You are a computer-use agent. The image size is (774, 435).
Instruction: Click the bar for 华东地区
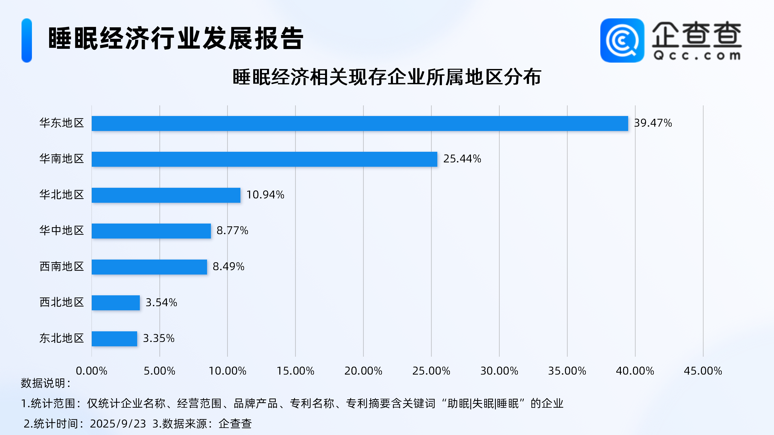(x=360, y=123)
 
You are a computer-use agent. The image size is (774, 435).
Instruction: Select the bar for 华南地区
(x=264, y=159)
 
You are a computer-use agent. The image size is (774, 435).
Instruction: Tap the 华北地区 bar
(x=166, y=195)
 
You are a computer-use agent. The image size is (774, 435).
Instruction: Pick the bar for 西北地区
(x=116, y=303)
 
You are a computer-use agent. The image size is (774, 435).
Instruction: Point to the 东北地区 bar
(x=114, y=339)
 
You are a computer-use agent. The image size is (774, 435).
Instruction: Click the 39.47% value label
(x=653, y=123)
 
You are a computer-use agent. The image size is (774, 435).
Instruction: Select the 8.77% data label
(x=232, y=231)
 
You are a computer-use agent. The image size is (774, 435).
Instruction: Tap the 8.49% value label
(x=228, y=267)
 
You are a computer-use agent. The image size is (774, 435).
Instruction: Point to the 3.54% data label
(x=161, y=303)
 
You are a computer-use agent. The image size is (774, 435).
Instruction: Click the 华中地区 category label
(x=62, y=231)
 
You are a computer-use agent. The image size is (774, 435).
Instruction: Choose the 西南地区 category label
(x=62, y=267)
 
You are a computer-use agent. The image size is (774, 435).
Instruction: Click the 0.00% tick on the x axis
(x=91, y=371)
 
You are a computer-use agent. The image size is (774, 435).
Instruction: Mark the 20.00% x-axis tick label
(x=363, y=371)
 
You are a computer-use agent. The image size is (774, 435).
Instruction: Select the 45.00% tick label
(x=703, y=371)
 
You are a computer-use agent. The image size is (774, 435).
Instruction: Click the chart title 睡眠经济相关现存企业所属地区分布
(x=387, y=77)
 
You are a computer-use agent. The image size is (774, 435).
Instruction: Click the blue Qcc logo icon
(x=622, y=41)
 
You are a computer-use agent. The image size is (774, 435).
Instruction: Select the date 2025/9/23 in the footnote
(x=118, y=424)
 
